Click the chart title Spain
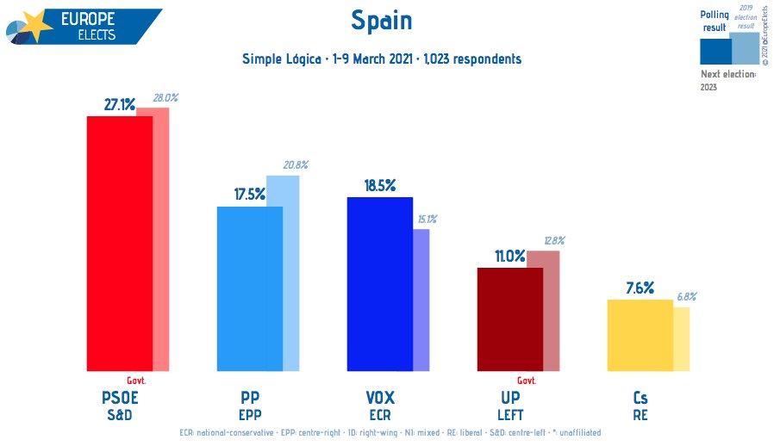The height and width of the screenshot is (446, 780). pos(382,21)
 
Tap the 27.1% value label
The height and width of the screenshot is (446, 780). pos(120,105)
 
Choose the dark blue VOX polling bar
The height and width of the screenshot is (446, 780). pos(379,284)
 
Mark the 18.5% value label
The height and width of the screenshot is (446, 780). pos(379,185)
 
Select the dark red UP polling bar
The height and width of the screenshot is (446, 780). pos(510,319)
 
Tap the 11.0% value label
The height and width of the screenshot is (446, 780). pos(509,256)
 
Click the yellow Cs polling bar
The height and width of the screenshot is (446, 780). pos(640,336)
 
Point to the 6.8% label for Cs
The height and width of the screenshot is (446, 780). pos(687,296)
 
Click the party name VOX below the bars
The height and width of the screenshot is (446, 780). pos(379,398)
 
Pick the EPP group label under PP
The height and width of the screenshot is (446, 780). pos(250,414)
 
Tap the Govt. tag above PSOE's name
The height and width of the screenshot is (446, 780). pos(136,381)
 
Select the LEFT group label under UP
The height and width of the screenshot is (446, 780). pos(510,414)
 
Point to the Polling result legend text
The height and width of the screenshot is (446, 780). pos(715,22)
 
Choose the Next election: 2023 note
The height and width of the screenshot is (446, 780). pos(727,79)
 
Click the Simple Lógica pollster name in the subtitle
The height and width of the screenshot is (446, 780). pos(281,59)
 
